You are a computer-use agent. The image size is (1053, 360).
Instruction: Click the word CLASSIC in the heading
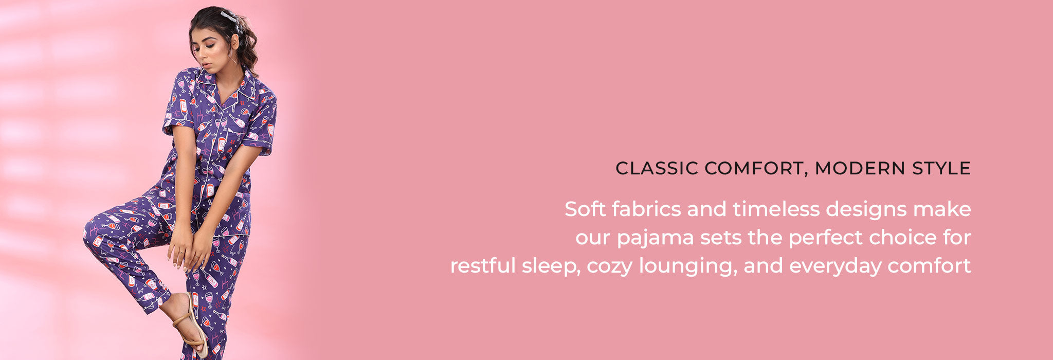[657, 168]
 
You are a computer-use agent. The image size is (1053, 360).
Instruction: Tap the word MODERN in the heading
[851, 168]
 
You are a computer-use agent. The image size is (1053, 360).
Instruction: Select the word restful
[483, 265]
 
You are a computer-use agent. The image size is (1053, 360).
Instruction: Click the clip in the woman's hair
[231, 20]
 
